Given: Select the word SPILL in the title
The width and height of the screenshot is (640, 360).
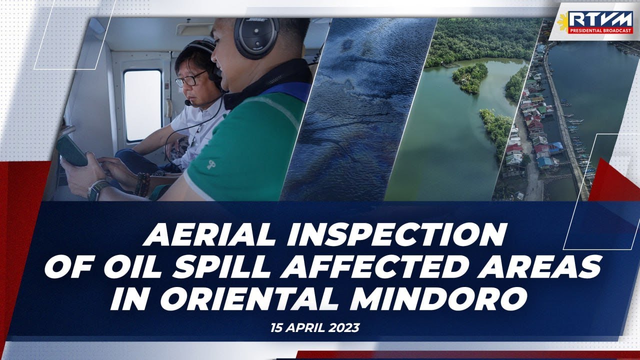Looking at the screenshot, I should point(227,267).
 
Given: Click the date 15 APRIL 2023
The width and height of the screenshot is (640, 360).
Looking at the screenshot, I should point(315,328).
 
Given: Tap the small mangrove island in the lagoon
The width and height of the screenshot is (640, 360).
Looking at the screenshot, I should point(470,77).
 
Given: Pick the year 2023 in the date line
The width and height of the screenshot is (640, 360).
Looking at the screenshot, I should point(344,328).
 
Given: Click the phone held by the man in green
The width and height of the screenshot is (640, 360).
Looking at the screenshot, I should point(71,150).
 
